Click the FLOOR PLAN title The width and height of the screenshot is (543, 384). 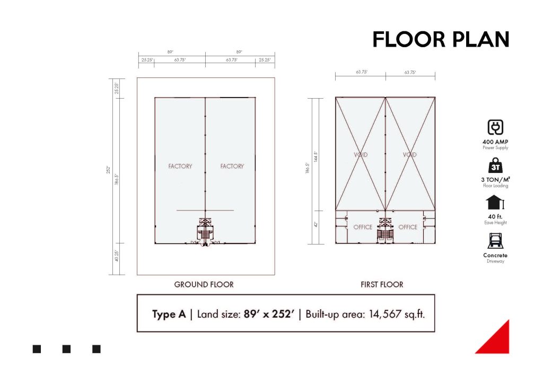pos(441,39)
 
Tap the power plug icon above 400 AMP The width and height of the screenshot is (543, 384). pos(495,127)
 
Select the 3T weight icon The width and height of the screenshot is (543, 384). pos(495,165)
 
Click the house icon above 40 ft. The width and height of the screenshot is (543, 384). pos(495,203)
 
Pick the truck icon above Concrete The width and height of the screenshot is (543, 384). pos(495,241)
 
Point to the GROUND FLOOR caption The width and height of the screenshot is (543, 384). pos(204,285)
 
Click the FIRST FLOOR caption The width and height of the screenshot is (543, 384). pos(382,285)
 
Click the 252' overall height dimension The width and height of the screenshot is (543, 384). pos(108,170)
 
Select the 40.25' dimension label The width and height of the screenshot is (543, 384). pos(117,256)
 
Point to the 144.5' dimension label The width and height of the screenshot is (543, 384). pos(316,156)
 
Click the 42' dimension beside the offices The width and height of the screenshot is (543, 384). pos(316,224)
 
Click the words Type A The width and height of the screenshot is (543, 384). pos(169,315)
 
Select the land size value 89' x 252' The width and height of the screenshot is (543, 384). pos(269,314)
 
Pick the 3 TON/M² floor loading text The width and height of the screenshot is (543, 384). pos(495,179)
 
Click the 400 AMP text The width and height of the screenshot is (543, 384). pos(495,142)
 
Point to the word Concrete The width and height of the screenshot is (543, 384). pos(495,255)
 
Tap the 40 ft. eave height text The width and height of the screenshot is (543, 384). pos(495,217)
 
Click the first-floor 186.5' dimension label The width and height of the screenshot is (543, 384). pos(307,168)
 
